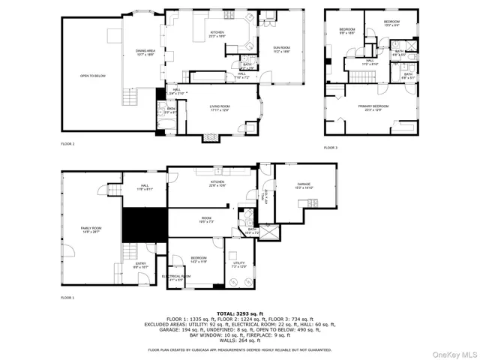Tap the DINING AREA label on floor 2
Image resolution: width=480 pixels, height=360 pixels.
click(x=145, y=52)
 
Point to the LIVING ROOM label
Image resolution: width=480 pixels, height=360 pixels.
click(x=220, y=109)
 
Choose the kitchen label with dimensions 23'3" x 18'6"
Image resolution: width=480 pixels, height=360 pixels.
click(x=217, y=34)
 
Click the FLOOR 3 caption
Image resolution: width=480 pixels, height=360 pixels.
click(x=331, y=148)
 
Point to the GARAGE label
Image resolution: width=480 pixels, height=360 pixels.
click(x=304, y=185)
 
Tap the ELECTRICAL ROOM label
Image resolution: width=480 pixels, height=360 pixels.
click(x=176, y=278)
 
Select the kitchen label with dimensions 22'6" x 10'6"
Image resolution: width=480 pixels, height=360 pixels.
click(x=217, y=182)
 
